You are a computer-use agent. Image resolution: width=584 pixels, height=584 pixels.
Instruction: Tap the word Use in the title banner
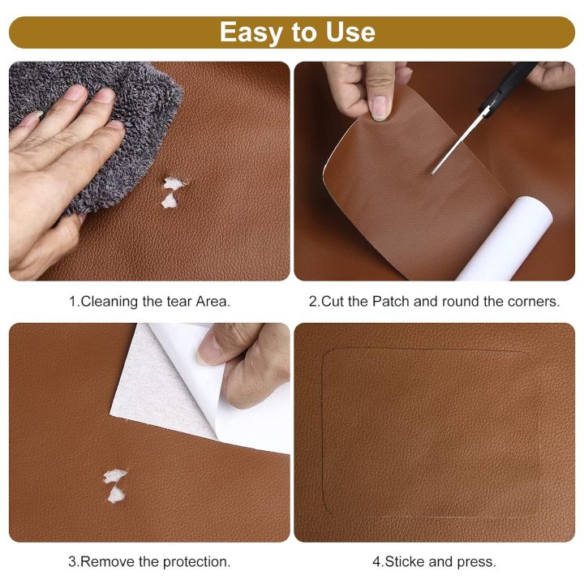(x=347, y=32)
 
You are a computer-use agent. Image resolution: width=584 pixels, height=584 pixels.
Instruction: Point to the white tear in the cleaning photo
(x=172, y=193)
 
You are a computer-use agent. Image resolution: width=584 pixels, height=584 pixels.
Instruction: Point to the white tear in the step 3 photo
(x=115, y=484)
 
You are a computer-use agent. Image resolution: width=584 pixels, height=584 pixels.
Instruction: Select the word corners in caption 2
(x=532, y=301)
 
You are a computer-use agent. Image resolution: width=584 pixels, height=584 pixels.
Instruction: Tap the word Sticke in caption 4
(x=403, y=560)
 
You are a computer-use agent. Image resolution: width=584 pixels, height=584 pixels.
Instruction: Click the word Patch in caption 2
(x=391, y=301)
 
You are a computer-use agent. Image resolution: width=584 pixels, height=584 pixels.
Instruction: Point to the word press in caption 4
(x=478, y=560)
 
